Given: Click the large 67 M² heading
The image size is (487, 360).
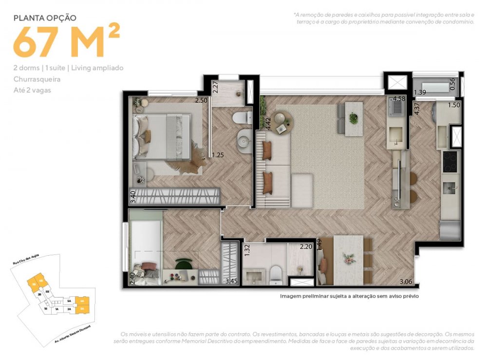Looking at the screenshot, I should coord(66,42).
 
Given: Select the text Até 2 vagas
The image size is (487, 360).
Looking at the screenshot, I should coord(32,90).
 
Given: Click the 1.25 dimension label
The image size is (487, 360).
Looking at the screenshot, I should coord(217,155).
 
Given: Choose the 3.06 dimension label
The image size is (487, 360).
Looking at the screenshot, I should coord(406,282).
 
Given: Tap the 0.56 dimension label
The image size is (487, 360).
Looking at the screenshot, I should coord(452,84).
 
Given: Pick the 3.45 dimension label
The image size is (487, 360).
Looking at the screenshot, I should coord(232,281).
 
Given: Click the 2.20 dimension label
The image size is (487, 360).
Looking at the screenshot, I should coord(305,247).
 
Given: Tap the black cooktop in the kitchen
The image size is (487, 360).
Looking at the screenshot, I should coord(450,162).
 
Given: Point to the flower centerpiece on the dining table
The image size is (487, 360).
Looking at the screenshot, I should coord(349,258).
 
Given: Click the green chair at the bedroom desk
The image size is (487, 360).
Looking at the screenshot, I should coord(184,265).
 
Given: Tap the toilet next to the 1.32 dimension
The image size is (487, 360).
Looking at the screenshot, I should coord(276,275).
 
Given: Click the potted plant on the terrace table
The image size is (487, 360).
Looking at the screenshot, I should coord(353,117).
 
